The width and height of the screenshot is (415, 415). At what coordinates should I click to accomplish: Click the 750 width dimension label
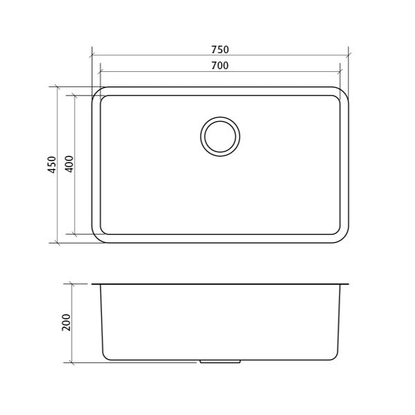220,50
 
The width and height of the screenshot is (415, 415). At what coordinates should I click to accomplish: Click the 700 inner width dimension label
220,66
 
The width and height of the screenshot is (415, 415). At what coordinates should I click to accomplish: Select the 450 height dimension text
52,165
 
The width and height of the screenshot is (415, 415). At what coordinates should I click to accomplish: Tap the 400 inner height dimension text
68,165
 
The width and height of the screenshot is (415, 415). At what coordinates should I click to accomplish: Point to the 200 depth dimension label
66,322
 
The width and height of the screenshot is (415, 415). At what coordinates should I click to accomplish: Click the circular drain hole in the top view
220,136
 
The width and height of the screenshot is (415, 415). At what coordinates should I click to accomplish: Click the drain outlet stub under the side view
220,361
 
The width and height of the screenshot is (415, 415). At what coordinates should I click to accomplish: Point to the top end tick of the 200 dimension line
73,284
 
